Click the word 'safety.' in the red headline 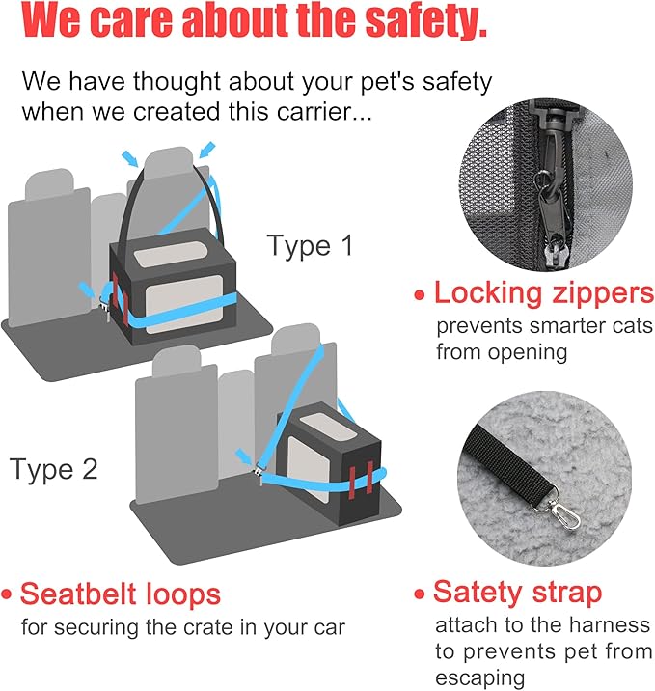(426, 20)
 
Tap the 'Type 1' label (310, 245)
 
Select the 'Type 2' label (53, 469)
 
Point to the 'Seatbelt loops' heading (121, 594)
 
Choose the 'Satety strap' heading (518, 592)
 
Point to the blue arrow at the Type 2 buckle (243, 456)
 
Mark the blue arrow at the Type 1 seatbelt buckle (86, 290)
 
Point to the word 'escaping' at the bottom (480, 678)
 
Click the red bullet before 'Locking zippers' (420, 295)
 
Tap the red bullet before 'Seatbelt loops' (6, 594)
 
